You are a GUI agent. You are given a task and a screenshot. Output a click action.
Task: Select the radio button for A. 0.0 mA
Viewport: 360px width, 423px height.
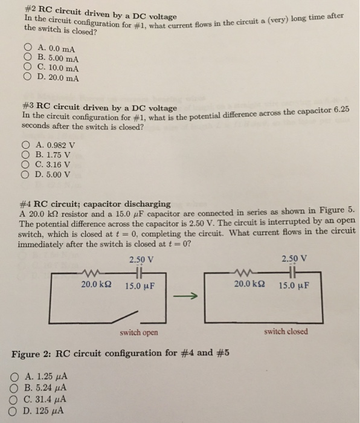pyautogui.click(x=27, y=47)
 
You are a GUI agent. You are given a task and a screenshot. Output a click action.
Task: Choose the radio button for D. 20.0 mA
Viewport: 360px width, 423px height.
pyautogui.click(x=27, y=77)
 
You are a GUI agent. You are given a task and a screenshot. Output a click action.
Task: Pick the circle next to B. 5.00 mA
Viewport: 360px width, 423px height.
pyautogui.click(x=27, y=57)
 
